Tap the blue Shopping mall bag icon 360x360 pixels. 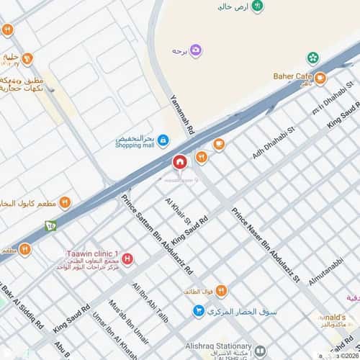tap(163, 139)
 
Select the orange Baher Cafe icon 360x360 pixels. tap(320, 78)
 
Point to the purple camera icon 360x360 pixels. tap(196, 50)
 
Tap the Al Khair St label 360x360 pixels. tap(177, 210)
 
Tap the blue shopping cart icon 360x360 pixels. tap(197, 310)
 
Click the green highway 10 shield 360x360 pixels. tap(50, 226)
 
